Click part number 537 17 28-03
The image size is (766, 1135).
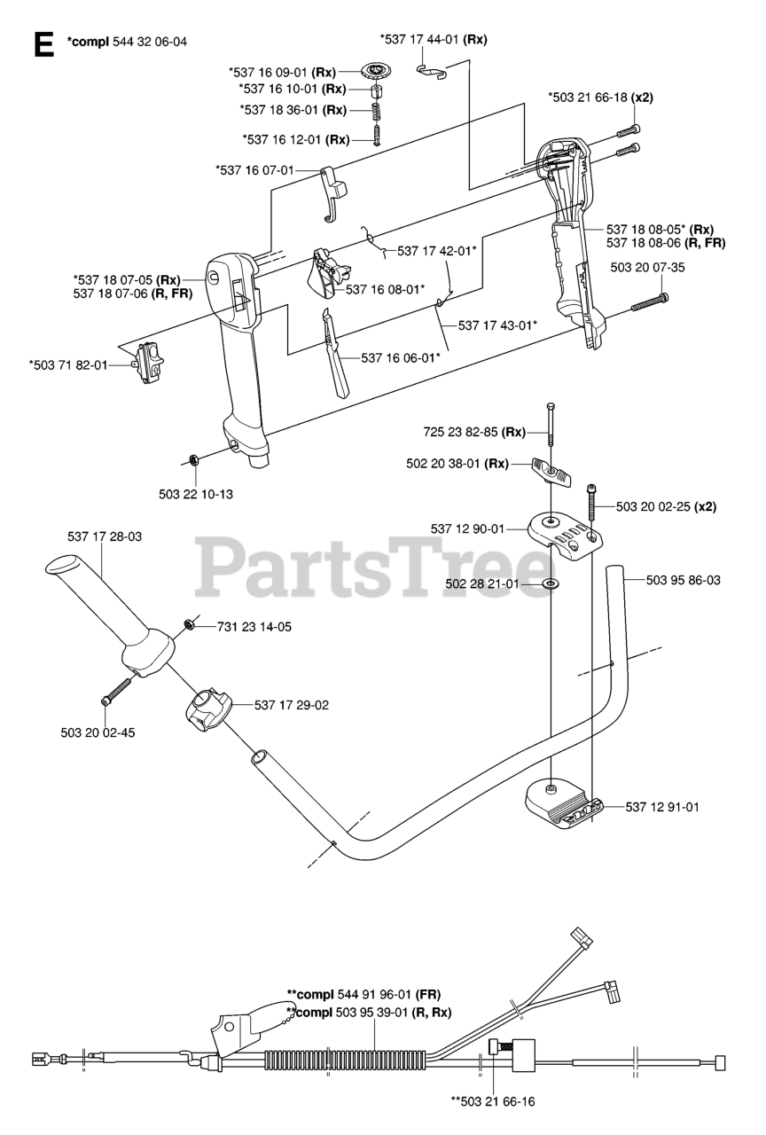coord(105,536)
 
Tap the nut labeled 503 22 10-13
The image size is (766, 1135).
coord(192,459)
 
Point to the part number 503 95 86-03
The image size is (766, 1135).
coord(683,580)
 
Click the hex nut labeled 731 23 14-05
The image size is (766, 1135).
coord(189,625)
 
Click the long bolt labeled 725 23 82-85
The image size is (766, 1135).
coord(551,425)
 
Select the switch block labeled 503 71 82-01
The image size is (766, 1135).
coord(150,364)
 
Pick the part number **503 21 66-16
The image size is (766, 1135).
coord(493,1101)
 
